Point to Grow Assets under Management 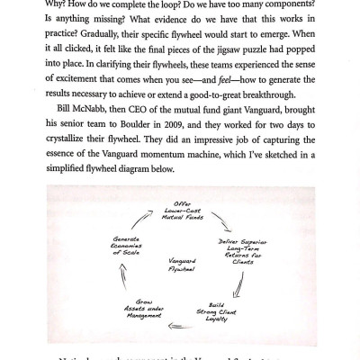pyautogui.click(x=134, y=309)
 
